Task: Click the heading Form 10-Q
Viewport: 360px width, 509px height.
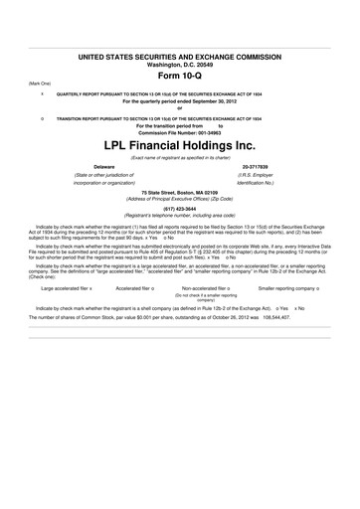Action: click(180, 77)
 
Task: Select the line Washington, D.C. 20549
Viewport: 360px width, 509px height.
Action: click(180, 65)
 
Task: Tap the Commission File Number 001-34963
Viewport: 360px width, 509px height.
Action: click(180, 132)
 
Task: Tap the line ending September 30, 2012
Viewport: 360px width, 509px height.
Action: click(180, 101)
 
